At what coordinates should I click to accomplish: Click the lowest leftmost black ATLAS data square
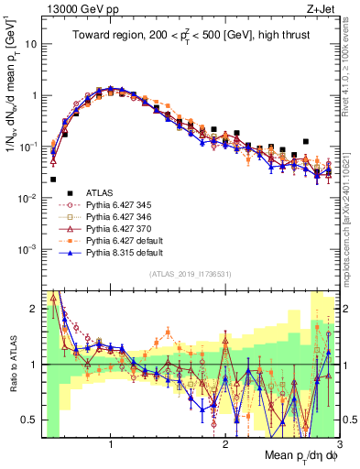click(53, 180)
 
